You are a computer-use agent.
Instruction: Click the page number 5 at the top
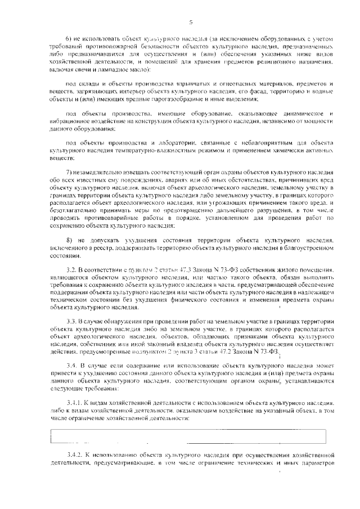click(191, 22)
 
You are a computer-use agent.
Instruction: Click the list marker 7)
click(70, 172)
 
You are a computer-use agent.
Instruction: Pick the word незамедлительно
click(102, 172)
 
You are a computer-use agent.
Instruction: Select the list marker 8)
click(70, 239)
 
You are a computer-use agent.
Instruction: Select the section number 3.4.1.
click(74, 388)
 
